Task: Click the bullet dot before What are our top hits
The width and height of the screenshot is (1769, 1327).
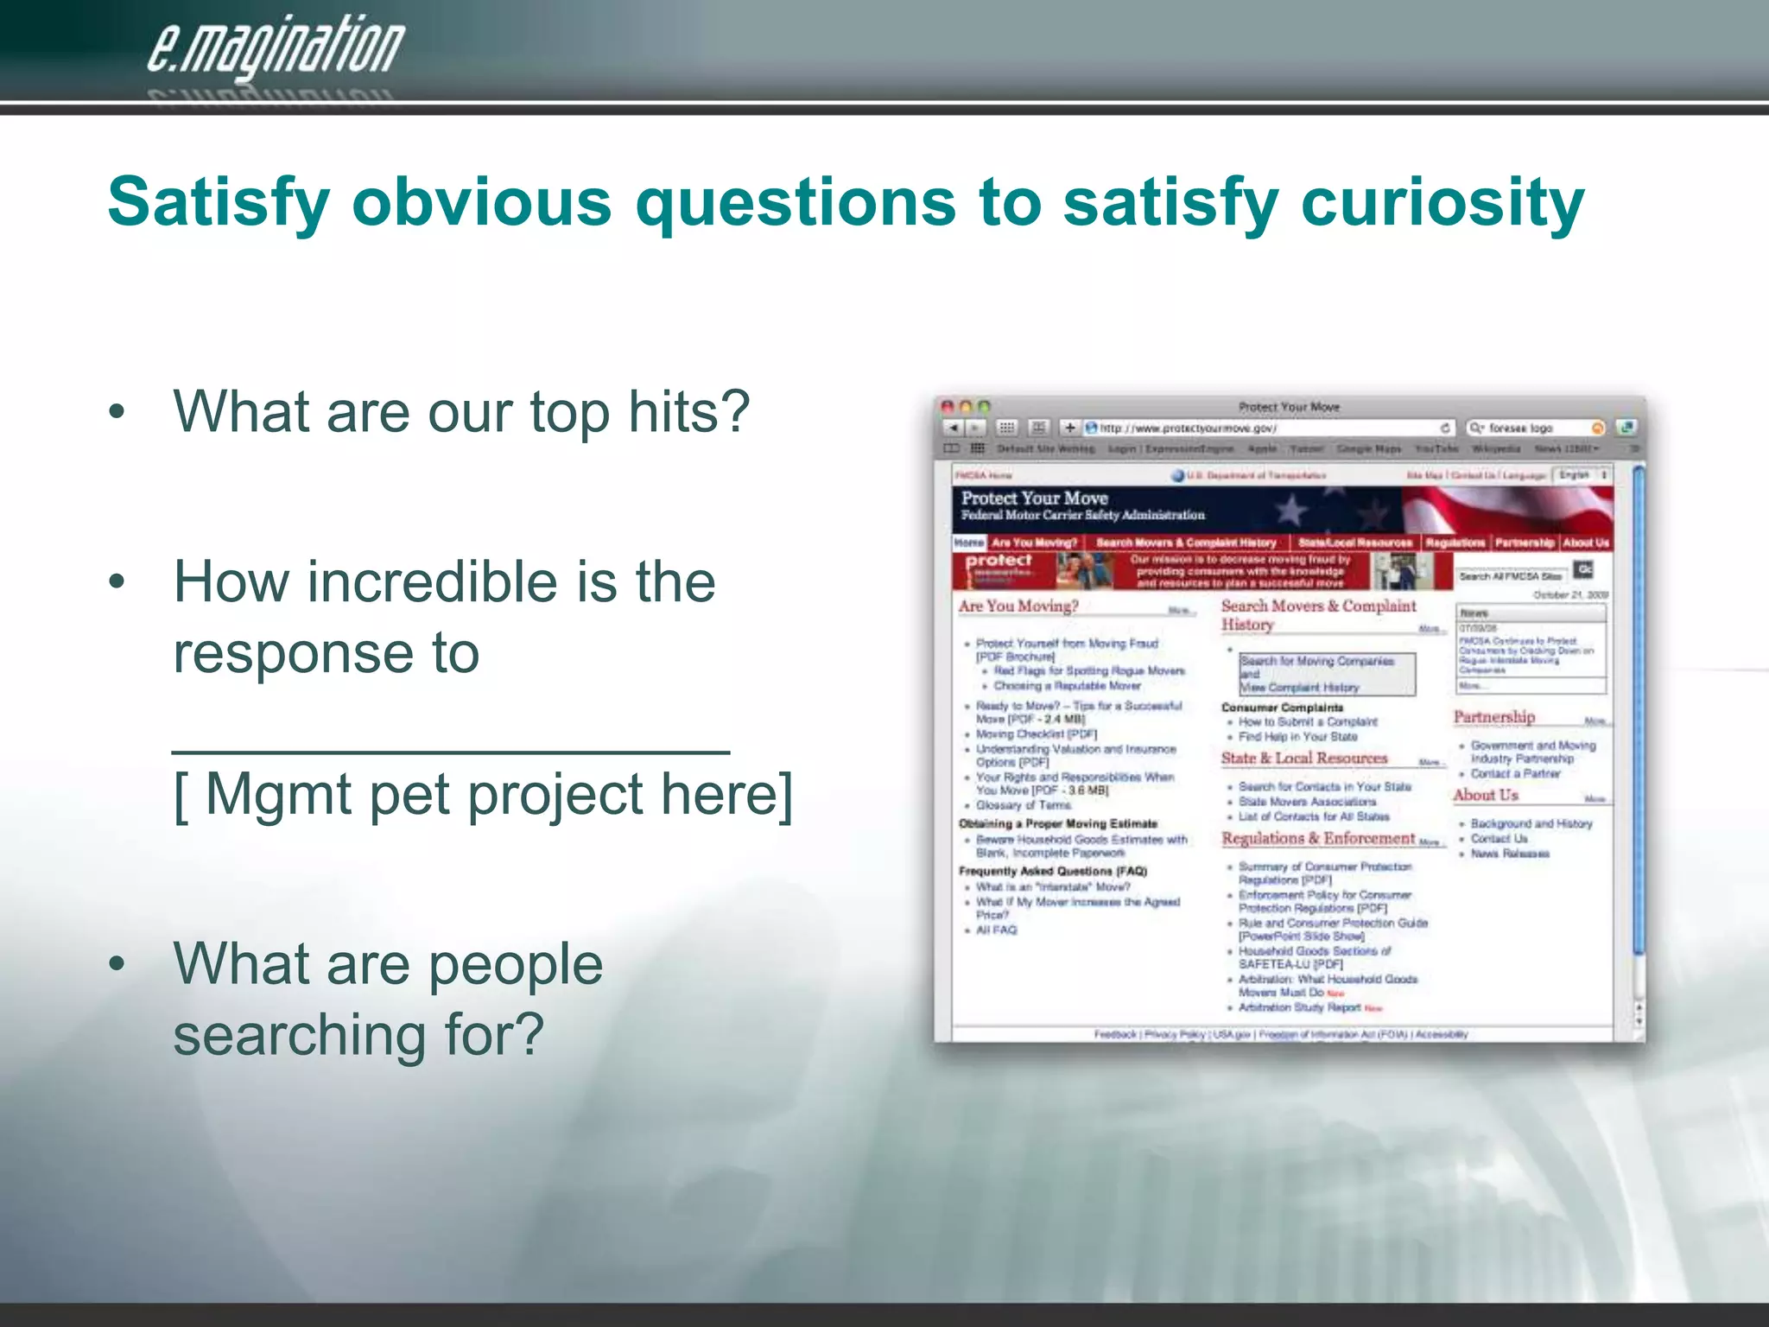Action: coord(117,412)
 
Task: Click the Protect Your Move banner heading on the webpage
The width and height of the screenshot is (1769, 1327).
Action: coord(1034,498)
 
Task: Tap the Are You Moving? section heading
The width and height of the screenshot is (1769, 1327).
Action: coord(1018,606)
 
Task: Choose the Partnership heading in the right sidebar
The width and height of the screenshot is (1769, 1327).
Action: coord(1493,717)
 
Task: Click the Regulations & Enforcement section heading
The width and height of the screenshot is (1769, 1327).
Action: coord(1317,838)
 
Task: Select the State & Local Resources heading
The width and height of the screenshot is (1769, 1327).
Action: coord(1303,759)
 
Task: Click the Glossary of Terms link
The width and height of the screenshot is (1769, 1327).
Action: coord(1024,805)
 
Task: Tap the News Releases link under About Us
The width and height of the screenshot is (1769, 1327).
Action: coord(1509,854)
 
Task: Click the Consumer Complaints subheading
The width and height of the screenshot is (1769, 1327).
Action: coord(1282,708)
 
